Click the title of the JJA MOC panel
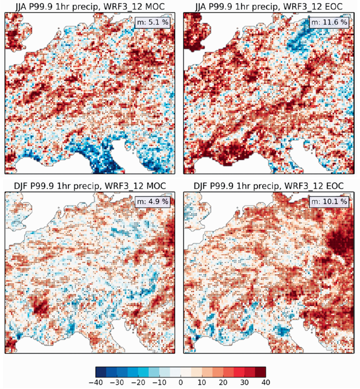(x=89, y=6)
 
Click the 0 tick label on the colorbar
(x=181, y=382)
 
